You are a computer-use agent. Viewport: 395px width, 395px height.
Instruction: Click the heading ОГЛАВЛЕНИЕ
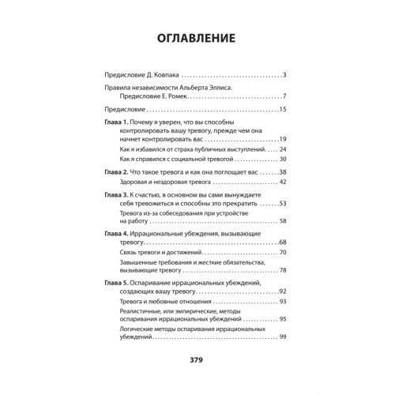tap(197, 39)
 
